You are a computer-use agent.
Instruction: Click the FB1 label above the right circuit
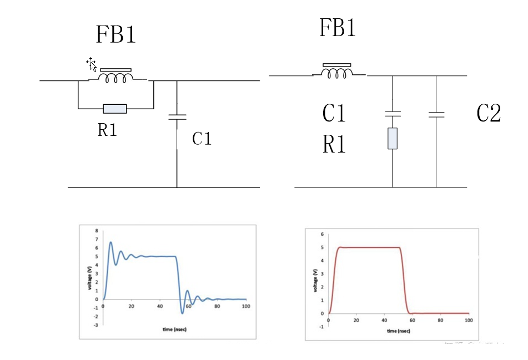337,28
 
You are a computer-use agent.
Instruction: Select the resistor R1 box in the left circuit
115,109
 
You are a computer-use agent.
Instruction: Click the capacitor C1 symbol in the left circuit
177,117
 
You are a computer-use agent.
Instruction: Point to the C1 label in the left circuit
202,138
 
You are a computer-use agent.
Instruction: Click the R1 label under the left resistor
107,130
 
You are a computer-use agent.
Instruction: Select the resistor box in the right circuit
393,138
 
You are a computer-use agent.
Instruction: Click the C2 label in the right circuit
489,114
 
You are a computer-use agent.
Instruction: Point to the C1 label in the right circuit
334,114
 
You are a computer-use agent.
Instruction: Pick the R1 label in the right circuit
334,145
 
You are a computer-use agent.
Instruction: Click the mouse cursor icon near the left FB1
92,64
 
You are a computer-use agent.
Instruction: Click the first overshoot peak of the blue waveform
110,242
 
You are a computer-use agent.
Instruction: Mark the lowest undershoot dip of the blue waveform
183,313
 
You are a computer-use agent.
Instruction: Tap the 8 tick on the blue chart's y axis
97,230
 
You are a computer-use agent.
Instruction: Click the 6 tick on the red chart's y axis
321,234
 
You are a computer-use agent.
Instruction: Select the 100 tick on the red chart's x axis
468,321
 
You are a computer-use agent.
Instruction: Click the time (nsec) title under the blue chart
174,329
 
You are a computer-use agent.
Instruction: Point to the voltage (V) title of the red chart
315,281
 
